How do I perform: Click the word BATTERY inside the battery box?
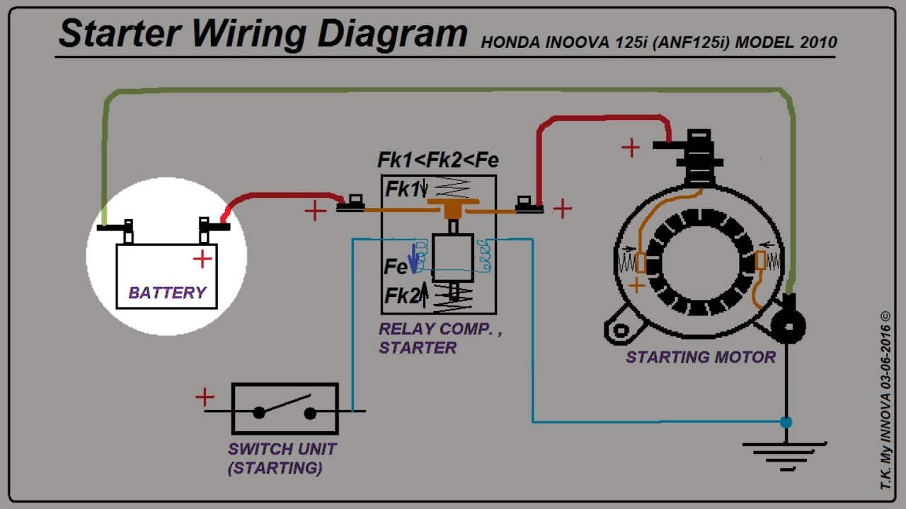coord(167,293)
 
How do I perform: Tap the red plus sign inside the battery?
coord(202,259)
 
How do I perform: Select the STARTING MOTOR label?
coord(700,357)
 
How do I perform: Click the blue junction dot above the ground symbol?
coord(786,423)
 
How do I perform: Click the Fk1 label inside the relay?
coord(402,189)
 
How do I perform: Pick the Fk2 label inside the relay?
coord(402,296)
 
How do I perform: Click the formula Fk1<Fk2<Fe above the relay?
coord(437,160)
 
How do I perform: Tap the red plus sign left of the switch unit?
coord(205,397)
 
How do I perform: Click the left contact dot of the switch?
coord(260,413)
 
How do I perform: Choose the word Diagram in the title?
coord(392,33)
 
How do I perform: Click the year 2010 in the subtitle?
coord(819,42)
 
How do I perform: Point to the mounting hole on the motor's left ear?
coord(621,330)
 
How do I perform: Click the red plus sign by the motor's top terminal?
coord(631,148)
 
